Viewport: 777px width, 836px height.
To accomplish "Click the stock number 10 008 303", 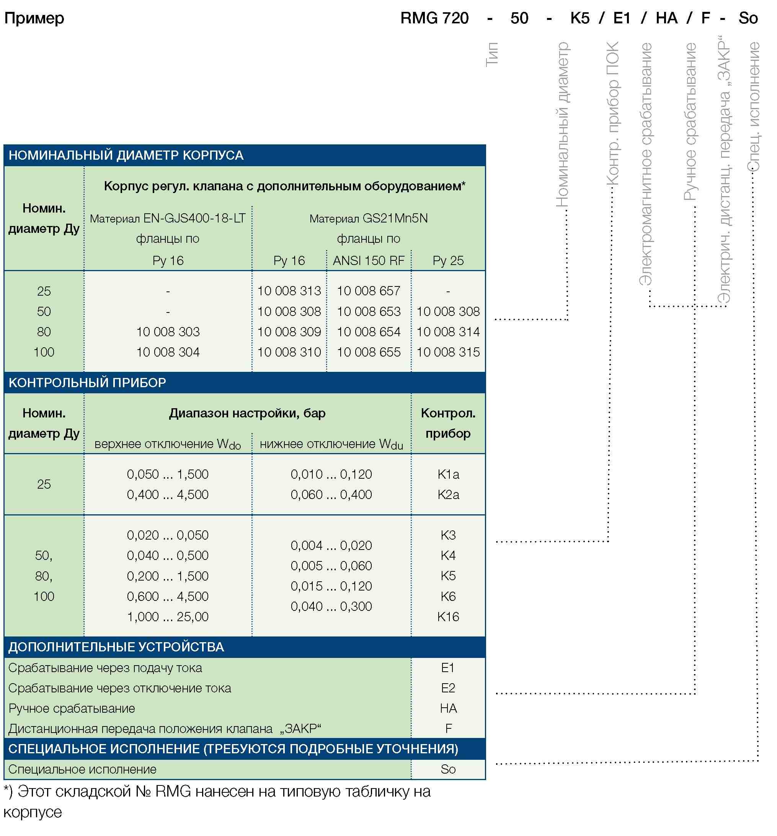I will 168,332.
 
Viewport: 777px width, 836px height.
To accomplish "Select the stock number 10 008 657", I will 369,291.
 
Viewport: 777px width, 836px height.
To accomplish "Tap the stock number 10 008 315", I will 448,352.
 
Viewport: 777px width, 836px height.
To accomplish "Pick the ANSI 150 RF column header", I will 369,261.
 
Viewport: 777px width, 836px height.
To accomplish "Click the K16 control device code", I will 448,617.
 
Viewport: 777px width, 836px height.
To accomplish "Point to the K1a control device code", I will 448,474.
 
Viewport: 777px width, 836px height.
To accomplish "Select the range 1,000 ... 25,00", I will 168,617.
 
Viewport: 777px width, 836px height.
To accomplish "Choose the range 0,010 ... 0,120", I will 331,474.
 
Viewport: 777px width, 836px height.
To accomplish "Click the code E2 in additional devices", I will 448,688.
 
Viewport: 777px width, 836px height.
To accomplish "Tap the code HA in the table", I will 448,708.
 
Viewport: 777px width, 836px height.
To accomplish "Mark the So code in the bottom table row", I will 448,769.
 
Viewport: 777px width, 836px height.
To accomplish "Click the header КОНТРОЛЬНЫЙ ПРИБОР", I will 87,383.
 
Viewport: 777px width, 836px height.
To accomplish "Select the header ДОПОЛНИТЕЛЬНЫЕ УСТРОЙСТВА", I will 116,647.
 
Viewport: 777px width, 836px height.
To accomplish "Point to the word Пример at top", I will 34,18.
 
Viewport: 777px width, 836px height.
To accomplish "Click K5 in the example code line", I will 579,18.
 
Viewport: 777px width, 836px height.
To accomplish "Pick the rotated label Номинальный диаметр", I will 562,124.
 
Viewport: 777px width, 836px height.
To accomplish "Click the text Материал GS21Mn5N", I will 369,219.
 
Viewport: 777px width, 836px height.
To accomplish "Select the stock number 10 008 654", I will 369,332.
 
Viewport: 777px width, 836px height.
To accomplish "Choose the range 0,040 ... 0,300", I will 331,606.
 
